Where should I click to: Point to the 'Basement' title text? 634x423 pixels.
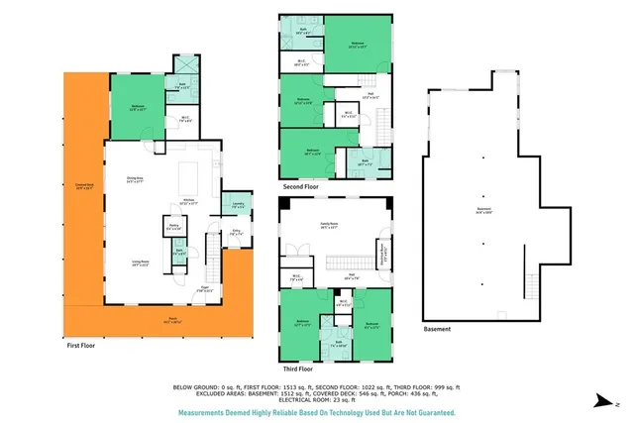click(x=437, y=329)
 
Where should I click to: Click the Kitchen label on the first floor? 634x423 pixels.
click(x=186, y=201)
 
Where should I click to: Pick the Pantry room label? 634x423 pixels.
click(x=173, y=227)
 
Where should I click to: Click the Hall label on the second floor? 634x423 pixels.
click(x=370, y=96)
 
